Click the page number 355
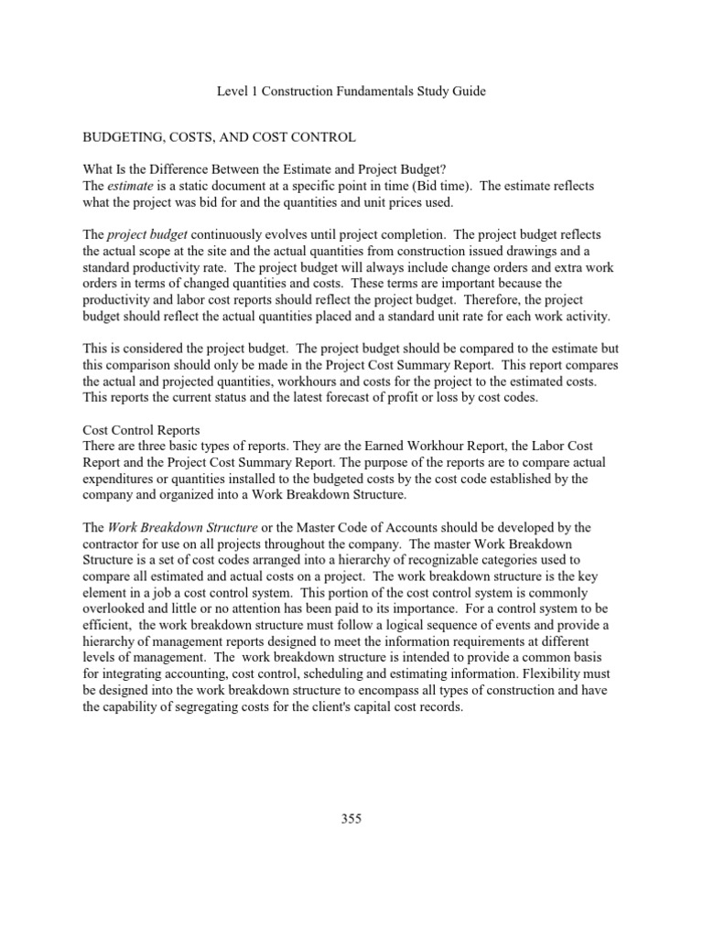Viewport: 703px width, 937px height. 351,819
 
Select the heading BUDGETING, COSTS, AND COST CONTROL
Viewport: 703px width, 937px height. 219,137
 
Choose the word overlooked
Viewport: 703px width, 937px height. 117,609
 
